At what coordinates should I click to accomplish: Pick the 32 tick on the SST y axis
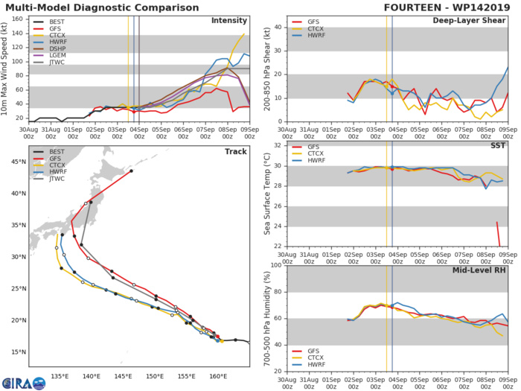click(278, 145)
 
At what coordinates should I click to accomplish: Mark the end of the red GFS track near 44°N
click(131, 171)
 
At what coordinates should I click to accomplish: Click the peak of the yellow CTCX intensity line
click(244, 34)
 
